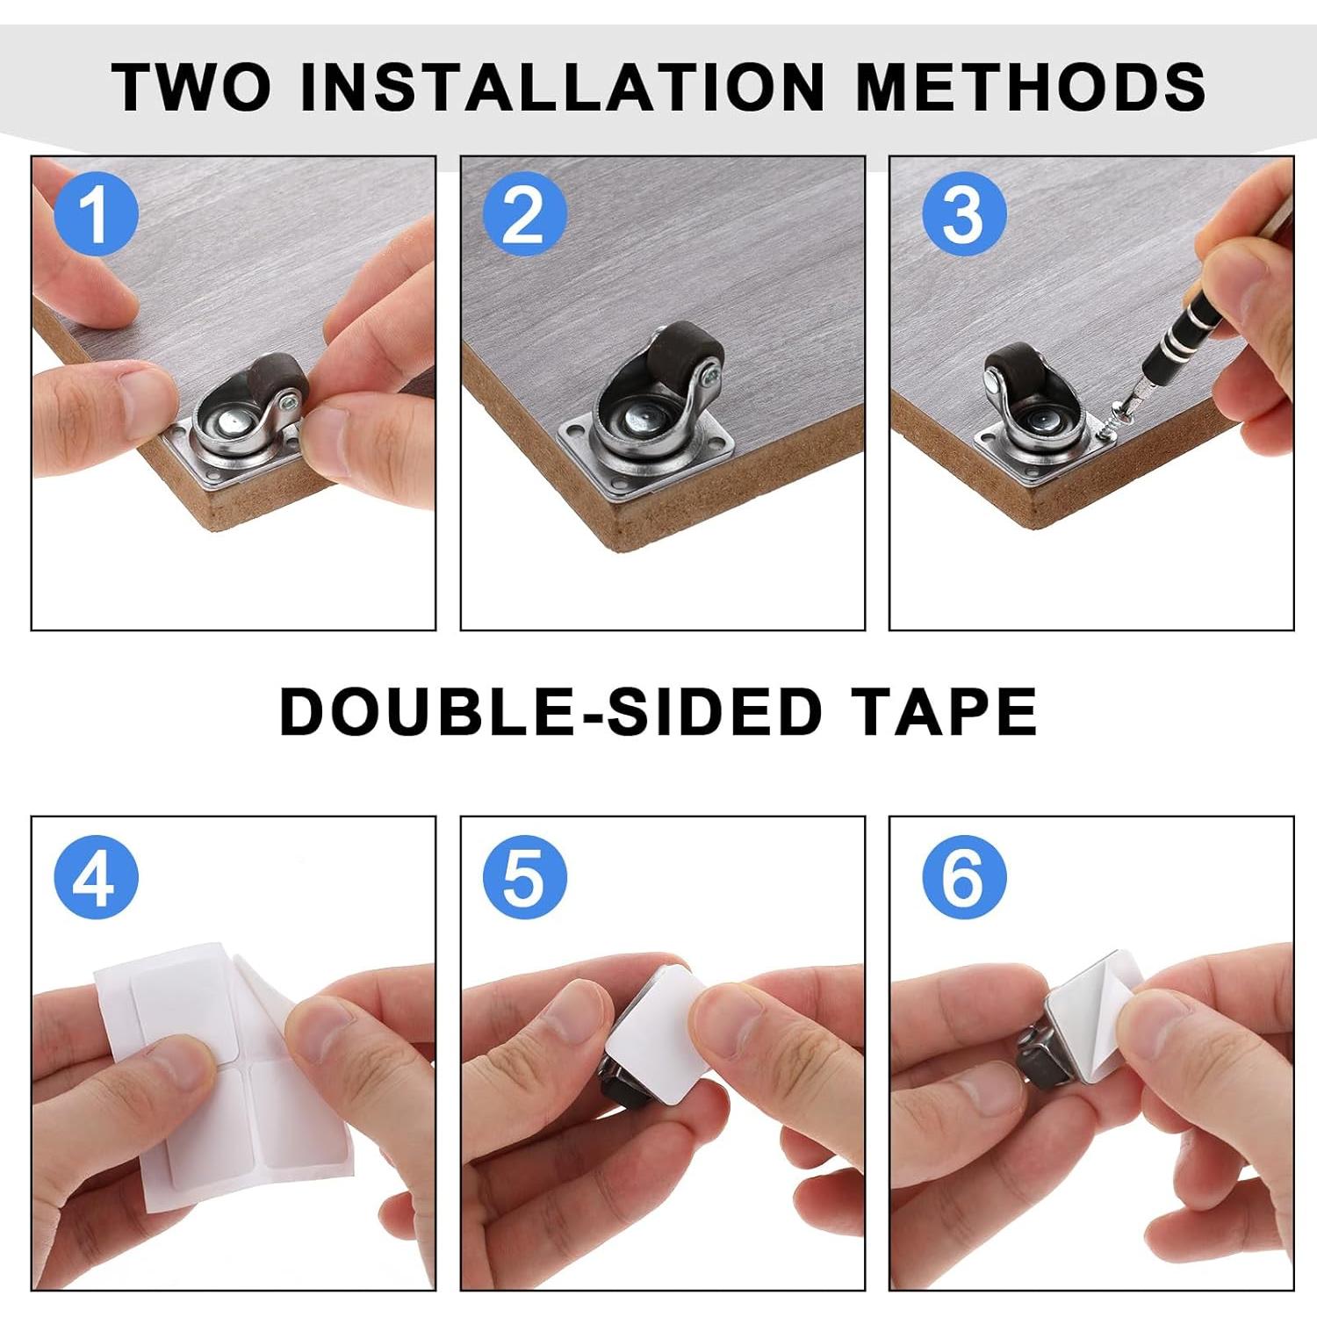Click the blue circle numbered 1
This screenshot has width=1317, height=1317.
pos(96,213)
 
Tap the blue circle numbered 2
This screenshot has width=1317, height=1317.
pos(524,213)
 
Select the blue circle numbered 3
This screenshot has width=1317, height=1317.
pos(963,213)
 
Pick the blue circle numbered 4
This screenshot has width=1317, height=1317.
pos(96,876)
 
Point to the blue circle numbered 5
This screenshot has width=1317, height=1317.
pos(524,876)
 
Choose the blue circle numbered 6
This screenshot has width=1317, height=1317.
pos(963,876)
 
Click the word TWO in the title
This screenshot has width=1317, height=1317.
pos(191,87)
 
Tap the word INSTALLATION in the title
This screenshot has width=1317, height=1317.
pos(562,87)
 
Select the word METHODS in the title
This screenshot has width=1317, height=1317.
pos(1030,87)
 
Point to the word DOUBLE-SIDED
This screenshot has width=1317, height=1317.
pos(550,711)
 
